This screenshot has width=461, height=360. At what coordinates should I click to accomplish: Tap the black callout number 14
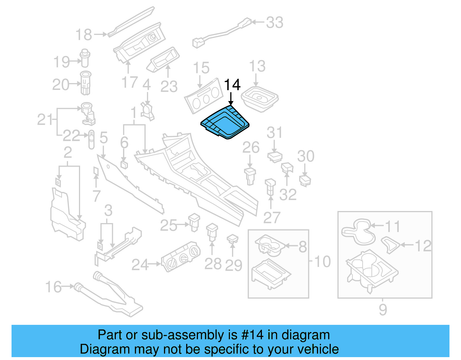point(232,85)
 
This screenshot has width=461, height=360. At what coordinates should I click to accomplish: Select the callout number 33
point(275,22)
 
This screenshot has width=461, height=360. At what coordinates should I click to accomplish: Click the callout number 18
point(84,35)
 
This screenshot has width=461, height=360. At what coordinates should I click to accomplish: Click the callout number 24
point(140,265)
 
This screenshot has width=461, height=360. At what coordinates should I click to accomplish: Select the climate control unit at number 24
point(181,256)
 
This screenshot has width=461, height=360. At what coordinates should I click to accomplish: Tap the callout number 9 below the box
point(383,310)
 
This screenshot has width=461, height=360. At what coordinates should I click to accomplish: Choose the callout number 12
point(423,246)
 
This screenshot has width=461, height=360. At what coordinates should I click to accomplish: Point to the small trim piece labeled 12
point(390,244)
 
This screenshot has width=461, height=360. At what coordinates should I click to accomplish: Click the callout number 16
point(54,287)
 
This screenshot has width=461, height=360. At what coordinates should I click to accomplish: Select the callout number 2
point(68,152)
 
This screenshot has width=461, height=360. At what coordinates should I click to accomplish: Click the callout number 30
point(306,156)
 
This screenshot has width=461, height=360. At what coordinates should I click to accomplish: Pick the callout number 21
point(45,120)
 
